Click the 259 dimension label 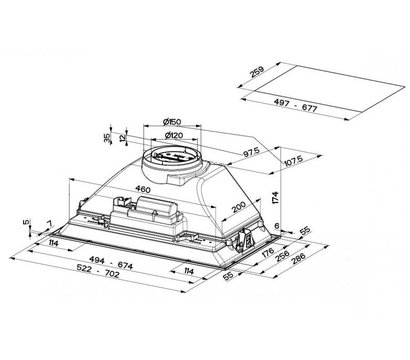(257, 72)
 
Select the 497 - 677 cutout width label (296, 106)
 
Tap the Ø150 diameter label (172, 122)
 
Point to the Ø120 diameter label (174, 135)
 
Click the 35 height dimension (107, 138)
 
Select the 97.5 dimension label (251, 152)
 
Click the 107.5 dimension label (294, 160)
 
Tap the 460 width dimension (143, 189)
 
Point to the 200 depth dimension (239, 207)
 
